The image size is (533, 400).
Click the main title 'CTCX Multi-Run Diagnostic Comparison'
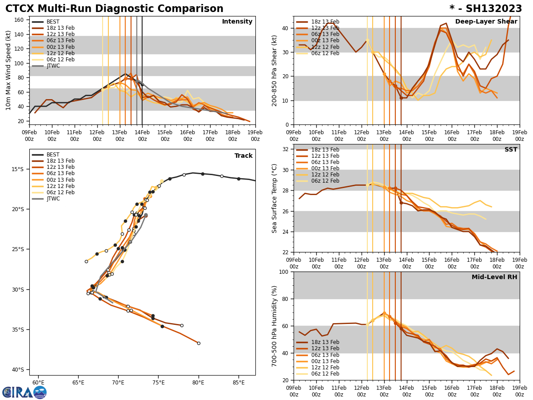click(114, 9)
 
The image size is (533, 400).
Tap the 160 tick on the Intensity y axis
click(20, 20)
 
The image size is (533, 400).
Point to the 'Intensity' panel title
click(237, 22)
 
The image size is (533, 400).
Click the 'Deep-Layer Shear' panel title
click(486, 22)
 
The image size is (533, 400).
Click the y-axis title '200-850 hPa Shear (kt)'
click(275, 70)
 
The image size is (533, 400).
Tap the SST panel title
click(511, 150)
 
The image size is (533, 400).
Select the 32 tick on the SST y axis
click(286, 149)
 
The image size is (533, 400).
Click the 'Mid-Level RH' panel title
click(494, 277)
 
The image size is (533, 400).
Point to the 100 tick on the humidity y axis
click(285, 272)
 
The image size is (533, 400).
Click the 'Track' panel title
click(243, 156)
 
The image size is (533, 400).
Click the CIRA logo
click(24, 392)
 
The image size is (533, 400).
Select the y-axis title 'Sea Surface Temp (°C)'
click(275, 198)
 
